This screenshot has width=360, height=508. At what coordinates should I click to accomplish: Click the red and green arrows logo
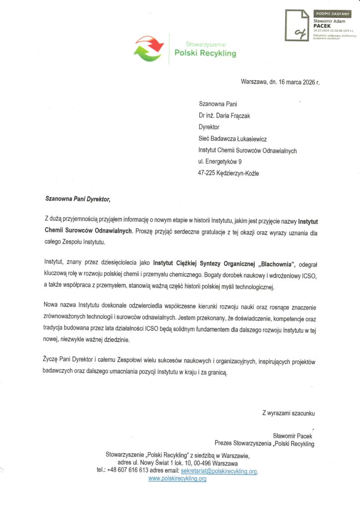[x=149, y=48]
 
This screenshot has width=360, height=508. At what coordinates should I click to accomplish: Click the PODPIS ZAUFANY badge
[x=332, y=14]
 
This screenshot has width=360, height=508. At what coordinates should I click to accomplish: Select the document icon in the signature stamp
[x=297, y=26]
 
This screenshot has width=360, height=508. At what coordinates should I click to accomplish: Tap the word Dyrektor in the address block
[x=209, y=127]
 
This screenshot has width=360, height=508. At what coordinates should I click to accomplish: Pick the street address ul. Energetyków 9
[x=220, y=162]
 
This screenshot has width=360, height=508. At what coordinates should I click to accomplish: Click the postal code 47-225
[x=206, y=173]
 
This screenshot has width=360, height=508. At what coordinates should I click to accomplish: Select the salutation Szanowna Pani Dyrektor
[x=76, y=199]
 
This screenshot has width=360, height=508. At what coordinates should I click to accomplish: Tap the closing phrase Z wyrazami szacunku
[x=289, y=413]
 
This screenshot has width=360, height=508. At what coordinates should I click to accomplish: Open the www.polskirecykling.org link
[x=177, y=479]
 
